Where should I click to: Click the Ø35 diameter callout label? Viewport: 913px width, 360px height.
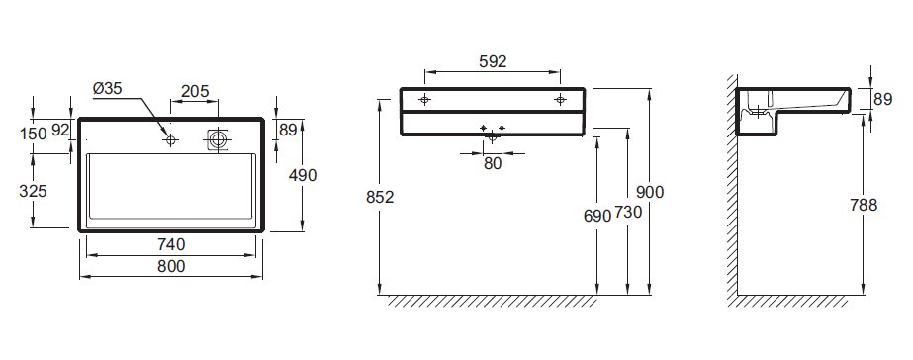click(107, 89)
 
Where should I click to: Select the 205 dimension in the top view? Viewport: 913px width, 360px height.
click(195, 91)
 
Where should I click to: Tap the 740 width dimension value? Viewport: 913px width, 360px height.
click(171, 244)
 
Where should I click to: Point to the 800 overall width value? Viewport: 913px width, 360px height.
click(171, 266)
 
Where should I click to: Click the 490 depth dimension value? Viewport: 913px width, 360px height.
click(303, 175)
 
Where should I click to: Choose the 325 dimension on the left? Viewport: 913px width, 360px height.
click(33, 191)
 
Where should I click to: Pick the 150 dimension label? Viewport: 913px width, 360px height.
click(33, 134)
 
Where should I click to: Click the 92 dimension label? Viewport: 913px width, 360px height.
click(60, 130)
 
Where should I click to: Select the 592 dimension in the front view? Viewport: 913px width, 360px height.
click(493, 61)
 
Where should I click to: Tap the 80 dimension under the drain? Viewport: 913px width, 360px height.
click(493, 164)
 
